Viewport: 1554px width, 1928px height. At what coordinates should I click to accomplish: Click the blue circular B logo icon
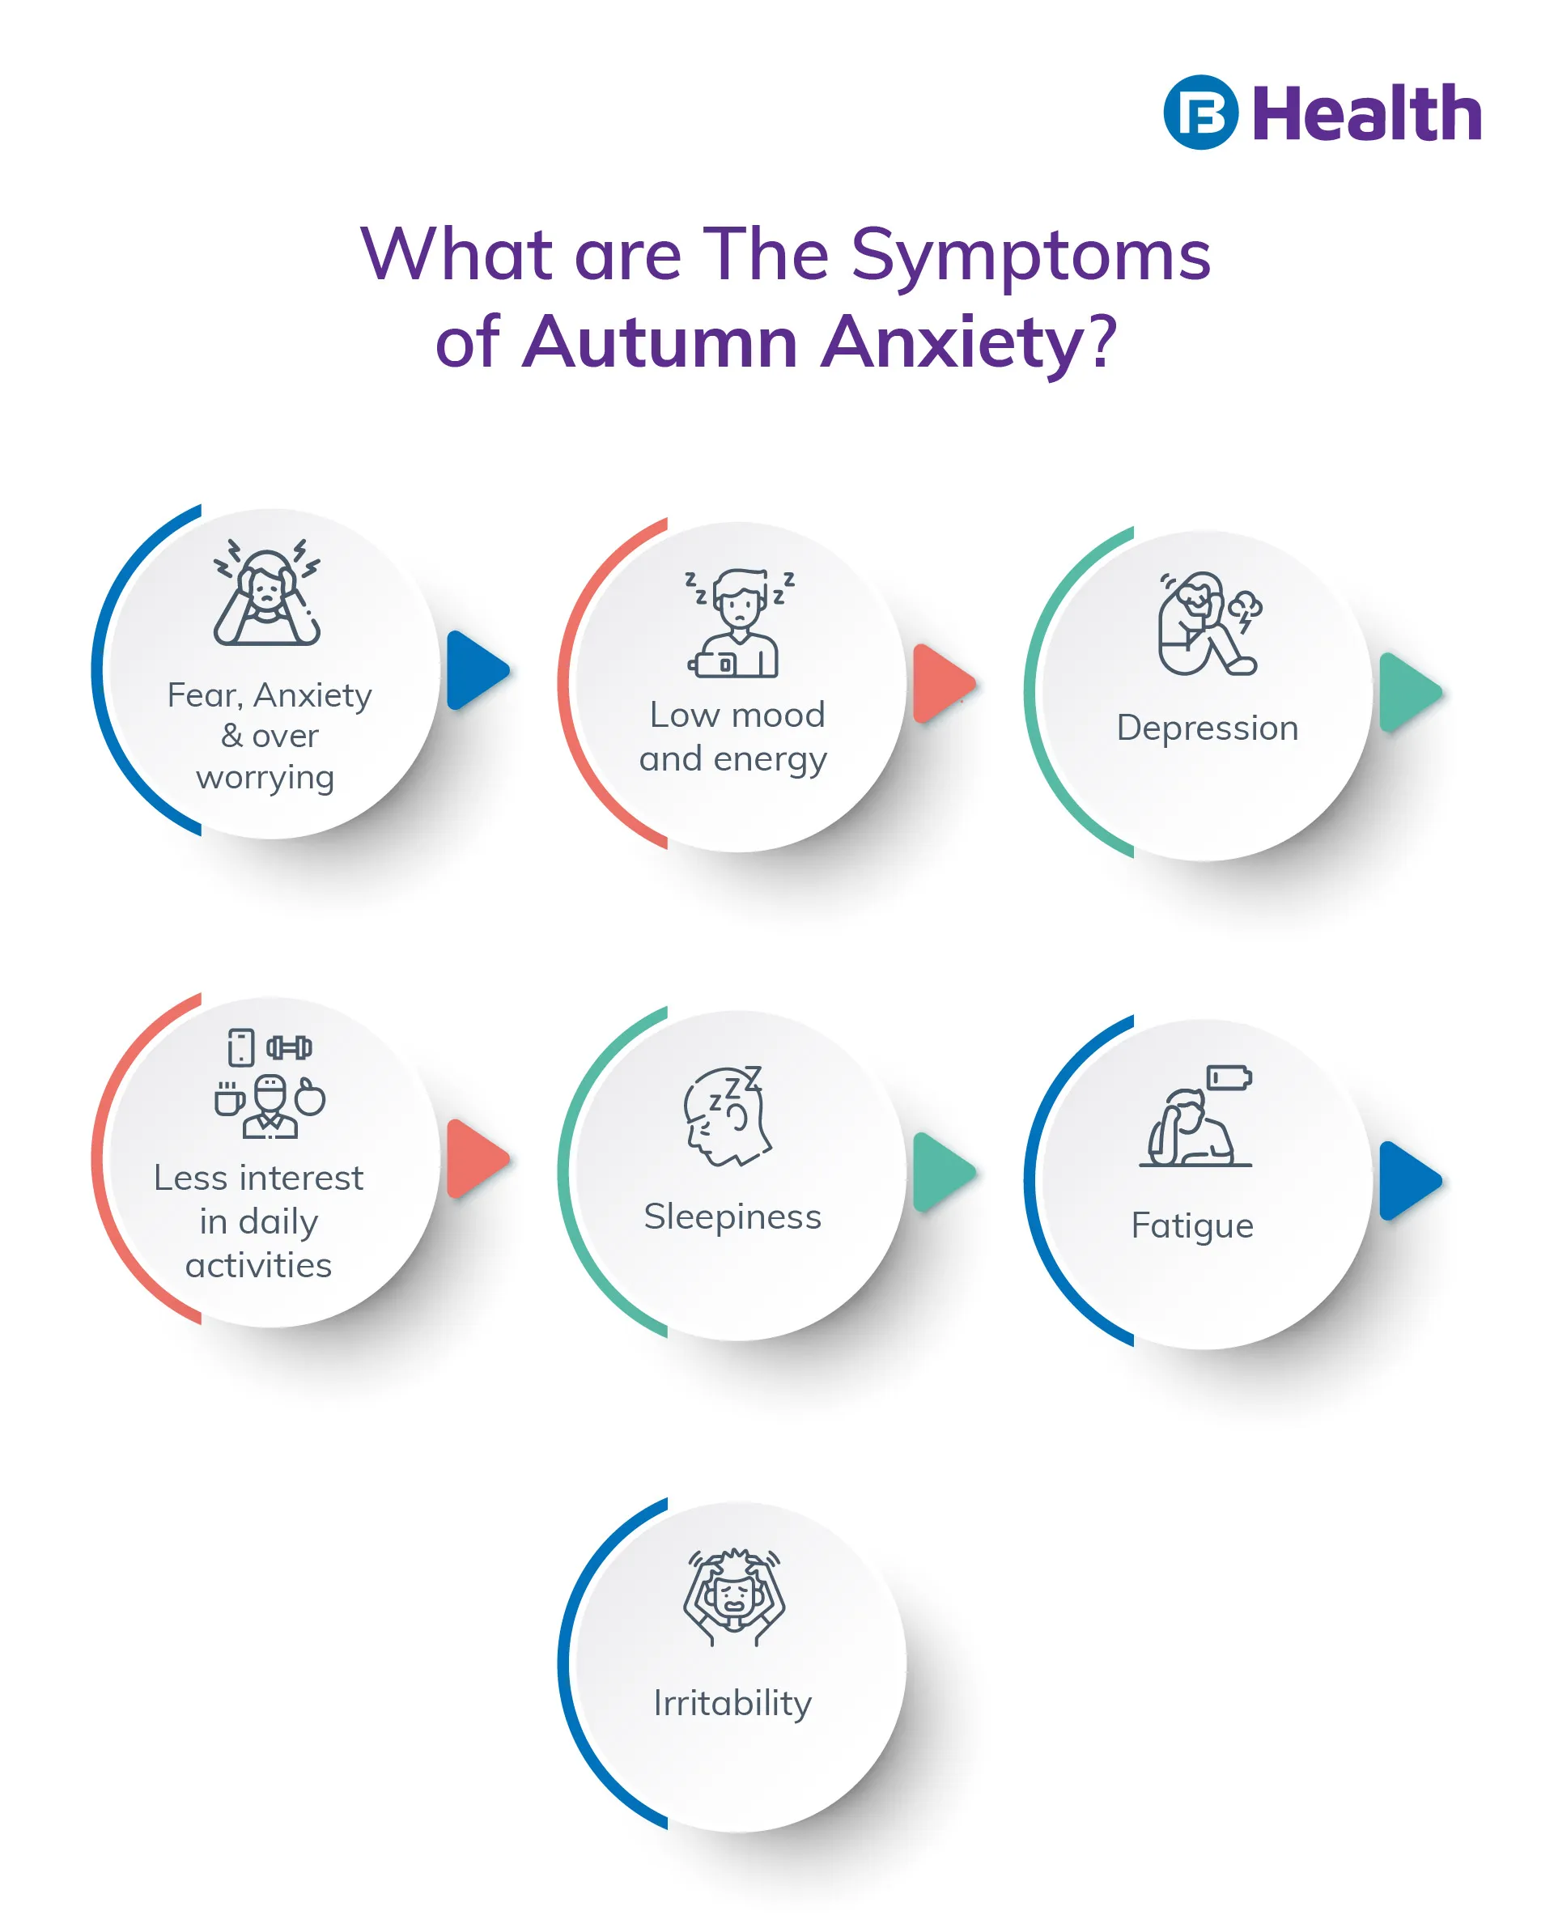tap(1199, 112)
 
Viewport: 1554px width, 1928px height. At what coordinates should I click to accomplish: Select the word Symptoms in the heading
tap(1030, 255)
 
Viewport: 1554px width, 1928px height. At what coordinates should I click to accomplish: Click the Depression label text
tap(1207, 728)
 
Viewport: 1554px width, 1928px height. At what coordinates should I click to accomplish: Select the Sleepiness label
tap(732, 1217)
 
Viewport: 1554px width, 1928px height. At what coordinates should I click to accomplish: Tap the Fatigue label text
tap(1191, 1225)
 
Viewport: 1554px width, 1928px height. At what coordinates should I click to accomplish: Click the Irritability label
tap(732, 1702)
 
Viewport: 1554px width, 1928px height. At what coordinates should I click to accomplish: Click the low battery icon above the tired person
tap(1229, 1077)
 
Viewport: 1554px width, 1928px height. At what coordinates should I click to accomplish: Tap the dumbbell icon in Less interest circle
tap(289, 1047)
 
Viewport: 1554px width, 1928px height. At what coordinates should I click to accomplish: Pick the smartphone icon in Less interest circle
tap(241, 1047)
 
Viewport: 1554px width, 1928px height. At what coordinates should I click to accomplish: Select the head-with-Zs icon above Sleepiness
tap(727, 1115)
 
